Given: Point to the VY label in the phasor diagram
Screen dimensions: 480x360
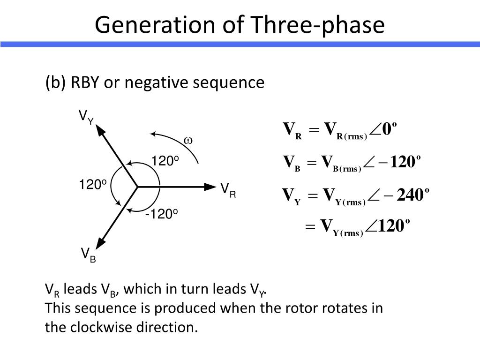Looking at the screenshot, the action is pos(86,117).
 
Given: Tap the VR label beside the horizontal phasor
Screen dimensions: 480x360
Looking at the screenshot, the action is pos(228,190).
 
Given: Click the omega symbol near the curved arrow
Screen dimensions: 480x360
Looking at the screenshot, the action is pos(188,141).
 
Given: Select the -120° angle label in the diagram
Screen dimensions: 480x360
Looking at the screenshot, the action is pos(161,214).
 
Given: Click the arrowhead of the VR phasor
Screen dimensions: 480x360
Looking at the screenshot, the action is pos(210,187).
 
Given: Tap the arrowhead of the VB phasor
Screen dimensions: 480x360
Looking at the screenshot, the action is pos(100,243).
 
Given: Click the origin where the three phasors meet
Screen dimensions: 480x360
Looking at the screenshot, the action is pos(137,187).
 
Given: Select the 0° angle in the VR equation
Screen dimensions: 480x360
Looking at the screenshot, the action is pos(390,129).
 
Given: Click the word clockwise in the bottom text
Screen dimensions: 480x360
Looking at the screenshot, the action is pos(101,327).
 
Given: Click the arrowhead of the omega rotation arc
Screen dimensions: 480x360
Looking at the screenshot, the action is pos(153,134).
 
